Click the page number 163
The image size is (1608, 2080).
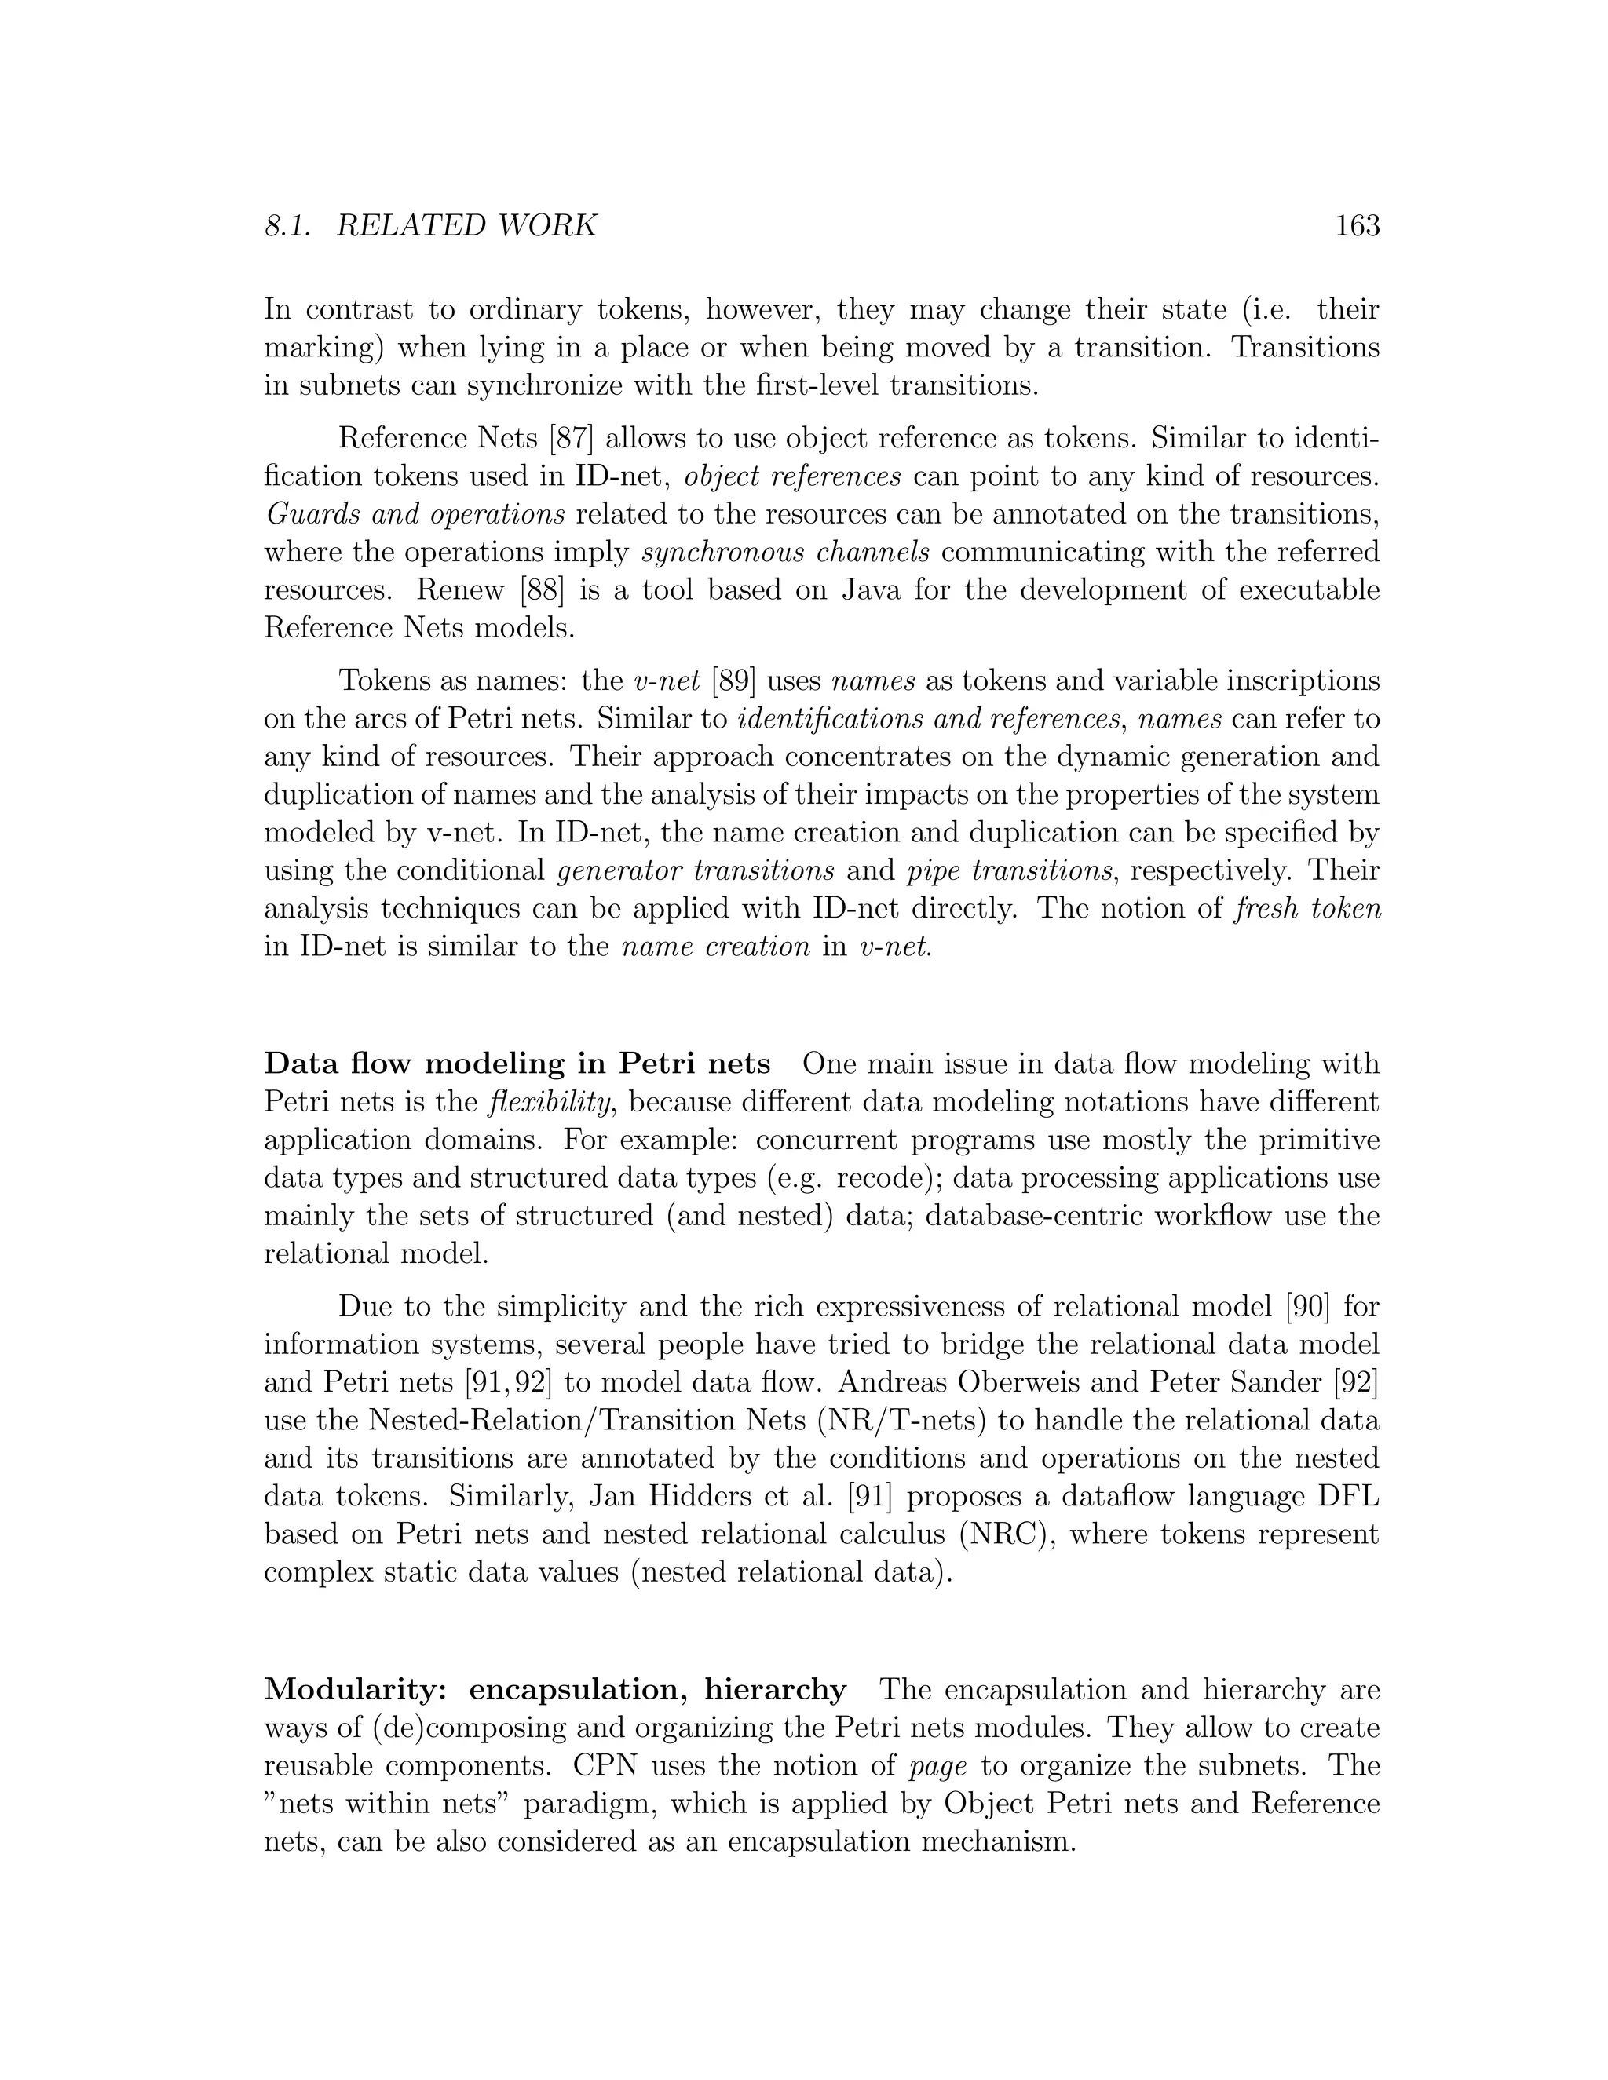(1358, 226)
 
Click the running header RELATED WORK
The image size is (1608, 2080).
(467, 226)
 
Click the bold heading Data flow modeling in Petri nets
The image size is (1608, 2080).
(517, 1063)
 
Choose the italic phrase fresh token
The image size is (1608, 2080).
(1307, 909)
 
